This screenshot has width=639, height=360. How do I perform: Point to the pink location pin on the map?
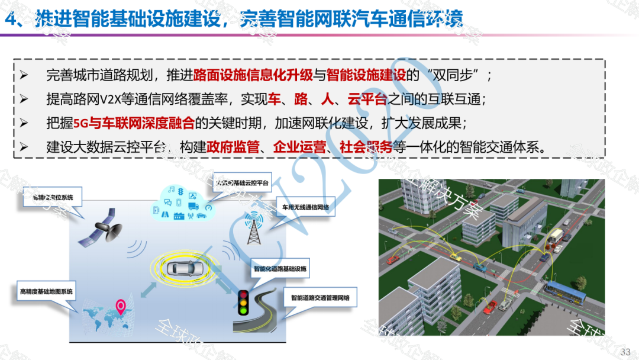point(121,307)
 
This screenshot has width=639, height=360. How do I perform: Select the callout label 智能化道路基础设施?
point(280,268)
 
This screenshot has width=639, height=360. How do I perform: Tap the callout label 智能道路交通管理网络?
point(319,298)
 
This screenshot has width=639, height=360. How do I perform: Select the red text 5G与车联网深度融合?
point(133,123)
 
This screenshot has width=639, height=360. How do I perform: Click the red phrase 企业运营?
point(298,147)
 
